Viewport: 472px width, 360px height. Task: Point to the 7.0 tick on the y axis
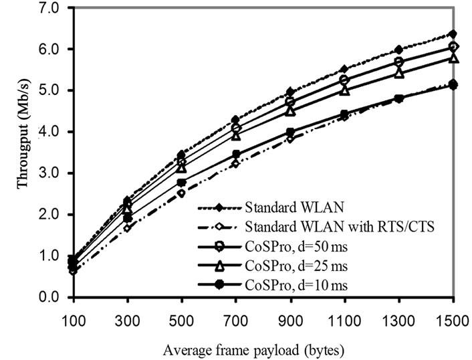[51, 8]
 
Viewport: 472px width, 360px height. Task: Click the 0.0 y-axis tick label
[51, 297]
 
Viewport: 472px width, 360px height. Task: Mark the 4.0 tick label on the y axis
[51, 132]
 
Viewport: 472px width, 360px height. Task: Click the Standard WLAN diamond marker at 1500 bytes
[453, 33]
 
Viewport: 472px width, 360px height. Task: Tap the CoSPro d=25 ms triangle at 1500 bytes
[453, 58]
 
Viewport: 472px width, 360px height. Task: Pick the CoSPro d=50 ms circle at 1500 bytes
[453, 47]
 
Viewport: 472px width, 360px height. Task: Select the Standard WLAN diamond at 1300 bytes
[398, 50]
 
